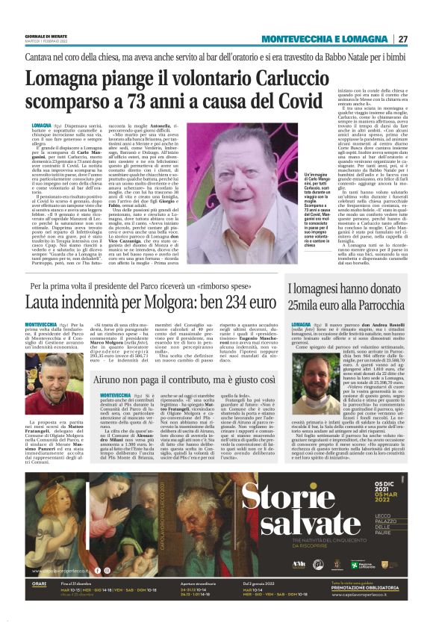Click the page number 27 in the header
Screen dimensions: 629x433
(402, 39)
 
